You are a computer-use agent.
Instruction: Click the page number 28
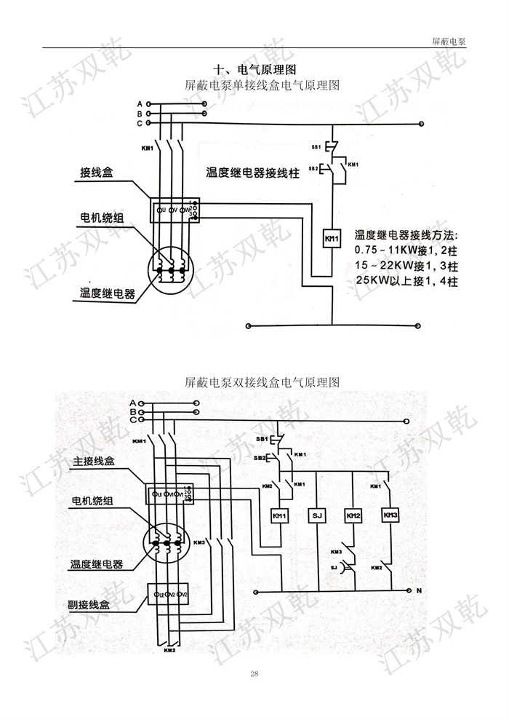pos(254,673)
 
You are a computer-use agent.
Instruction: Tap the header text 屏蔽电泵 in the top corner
pos(449,41)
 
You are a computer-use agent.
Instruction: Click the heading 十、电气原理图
pos(254,70)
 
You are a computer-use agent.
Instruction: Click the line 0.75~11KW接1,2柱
pos(405,250)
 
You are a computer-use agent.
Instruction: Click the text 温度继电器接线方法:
pos(407,235)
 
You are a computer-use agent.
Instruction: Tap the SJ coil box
pos(316,516)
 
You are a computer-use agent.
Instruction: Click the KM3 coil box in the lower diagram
pos(390,515)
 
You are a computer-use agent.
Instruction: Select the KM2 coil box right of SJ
pos(353,516)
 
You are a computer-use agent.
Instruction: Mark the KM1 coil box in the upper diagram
pos(332,239)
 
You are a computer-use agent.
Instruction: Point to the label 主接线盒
pos(94,462)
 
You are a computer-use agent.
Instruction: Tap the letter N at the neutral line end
pos(419,590)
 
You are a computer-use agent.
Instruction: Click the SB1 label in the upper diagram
pos(316,147)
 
